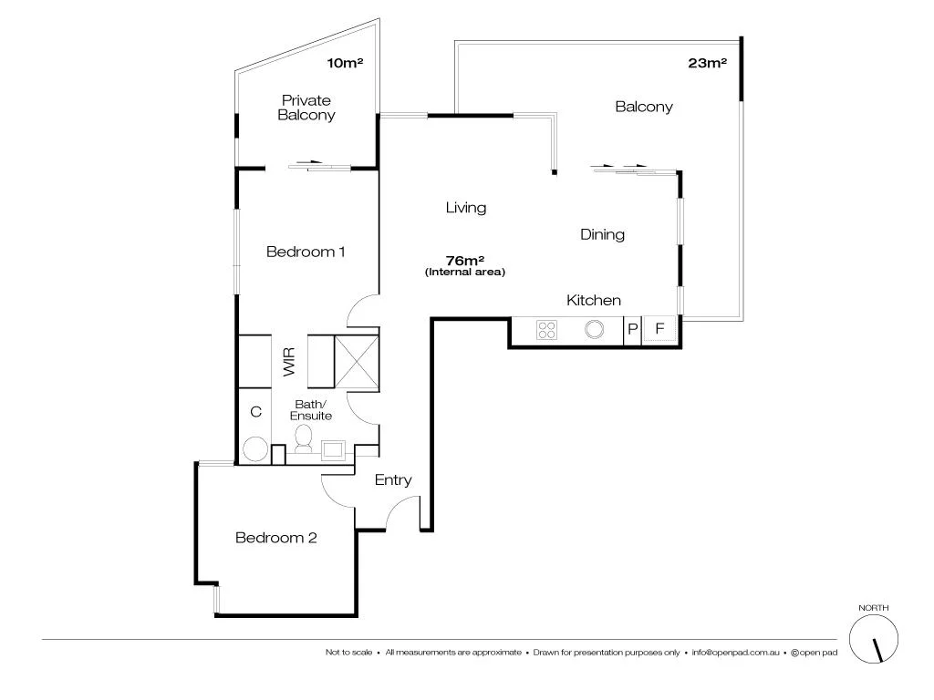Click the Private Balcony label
pos(306,108)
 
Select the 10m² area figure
pos(345,64)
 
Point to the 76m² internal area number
pos(465,260)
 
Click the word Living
pos(465,208)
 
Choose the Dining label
pos(602,234)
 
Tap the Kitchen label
pos(594,300)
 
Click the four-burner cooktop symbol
pos(547,330)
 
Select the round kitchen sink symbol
pos(595,330)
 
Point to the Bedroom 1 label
pos(305,252)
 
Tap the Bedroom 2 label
pos(275,538)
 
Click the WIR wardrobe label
pos(290,362)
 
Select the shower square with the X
pos(356,362)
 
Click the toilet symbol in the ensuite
pos(306,441)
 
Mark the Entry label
pos(393,480)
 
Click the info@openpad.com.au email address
pos(734,653)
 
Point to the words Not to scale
pos(348,653)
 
